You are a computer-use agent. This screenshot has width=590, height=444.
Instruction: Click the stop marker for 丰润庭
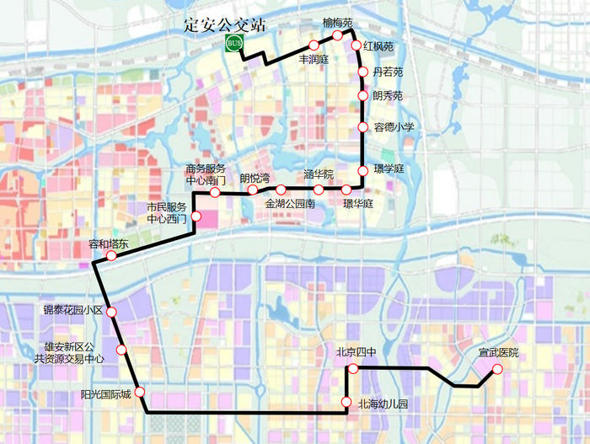click(x=314, y=45)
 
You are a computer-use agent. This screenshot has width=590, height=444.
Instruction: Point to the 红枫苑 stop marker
click(x=356, y=45)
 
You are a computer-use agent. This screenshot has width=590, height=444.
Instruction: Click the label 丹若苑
click(x=388, y=72)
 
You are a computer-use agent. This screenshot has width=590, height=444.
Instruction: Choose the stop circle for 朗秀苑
click(x=363, y=96)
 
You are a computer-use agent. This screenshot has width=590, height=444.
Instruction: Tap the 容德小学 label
click(x=394, y=127)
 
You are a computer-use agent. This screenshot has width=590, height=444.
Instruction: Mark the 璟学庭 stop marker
click(x=363, y=171)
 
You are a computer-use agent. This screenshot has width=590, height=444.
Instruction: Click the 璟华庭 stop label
click(x=358, y=204)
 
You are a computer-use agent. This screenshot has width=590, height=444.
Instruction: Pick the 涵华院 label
click(x=319, y=175)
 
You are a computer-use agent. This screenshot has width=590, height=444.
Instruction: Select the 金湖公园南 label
click(x=290, y=204)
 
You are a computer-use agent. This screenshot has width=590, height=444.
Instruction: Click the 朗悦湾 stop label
click(x=255, y=178)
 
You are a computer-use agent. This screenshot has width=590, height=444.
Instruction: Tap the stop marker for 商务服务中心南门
click(x=215, y=193)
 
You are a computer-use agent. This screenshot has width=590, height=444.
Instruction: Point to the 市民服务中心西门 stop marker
click(x=196, y=217)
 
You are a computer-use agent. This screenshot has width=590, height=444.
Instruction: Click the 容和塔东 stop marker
click(x=110, y=255)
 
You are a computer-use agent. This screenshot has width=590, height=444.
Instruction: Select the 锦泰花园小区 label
click(x=73, y=311)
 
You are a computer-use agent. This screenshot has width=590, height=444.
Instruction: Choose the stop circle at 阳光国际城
click(x=139, y=393)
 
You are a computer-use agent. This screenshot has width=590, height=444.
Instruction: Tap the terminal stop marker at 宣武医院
click(x=497, y=369)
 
